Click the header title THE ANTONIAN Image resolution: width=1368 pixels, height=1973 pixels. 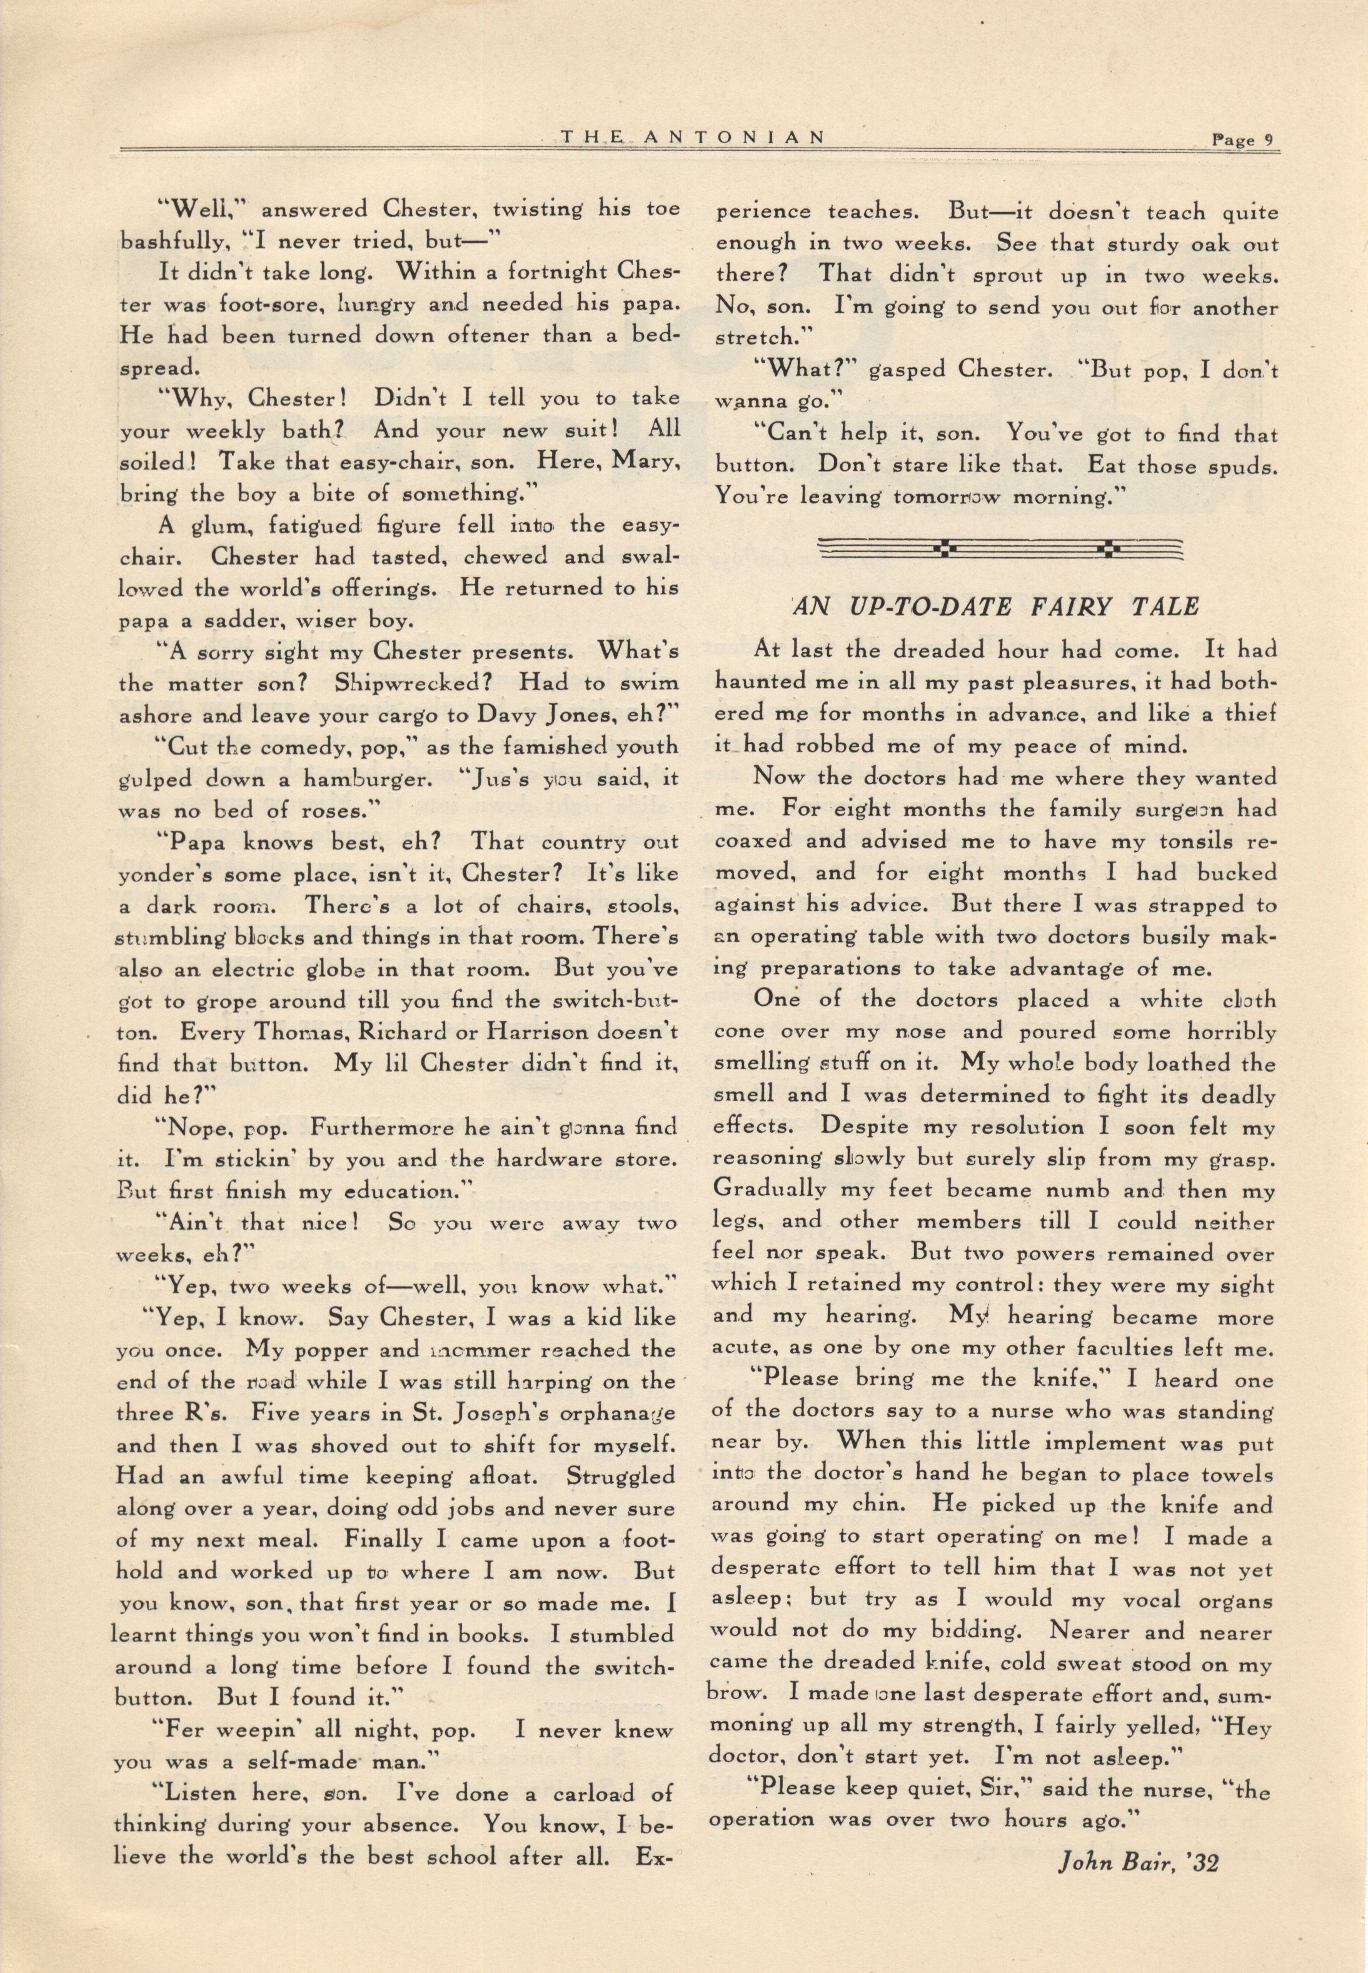click(x=693, y=136)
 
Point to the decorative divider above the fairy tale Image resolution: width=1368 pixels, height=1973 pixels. click(x=1000, y=548)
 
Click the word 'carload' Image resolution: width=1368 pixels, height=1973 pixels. click(x=575, y=1793)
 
